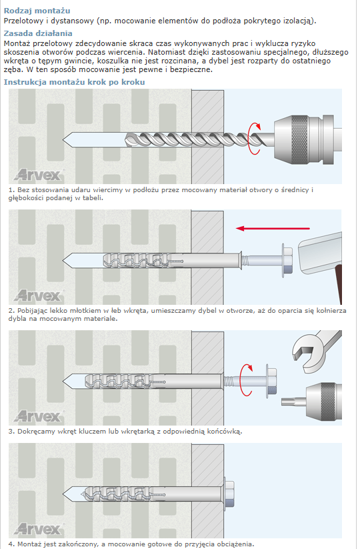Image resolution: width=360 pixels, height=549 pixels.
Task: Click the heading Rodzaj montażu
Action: point(37,11)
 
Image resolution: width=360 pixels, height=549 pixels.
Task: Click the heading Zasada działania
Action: point(38,33)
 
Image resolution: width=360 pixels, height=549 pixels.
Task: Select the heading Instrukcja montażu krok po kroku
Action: point(74,82)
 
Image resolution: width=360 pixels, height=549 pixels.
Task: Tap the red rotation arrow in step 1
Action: point(255,139)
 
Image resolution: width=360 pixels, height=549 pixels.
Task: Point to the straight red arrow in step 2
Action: point(273,229)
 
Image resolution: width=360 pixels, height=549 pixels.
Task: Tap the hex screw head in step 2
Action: point(287,261)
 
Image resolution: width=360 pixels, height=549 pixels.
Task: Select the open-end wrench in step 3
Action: point(315,350)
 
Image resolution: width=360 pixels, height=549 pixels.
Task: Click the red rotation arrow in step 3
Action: point(247,380)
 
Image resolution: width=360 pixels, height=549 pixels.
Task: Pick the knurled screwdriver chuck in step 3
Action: point(323,401)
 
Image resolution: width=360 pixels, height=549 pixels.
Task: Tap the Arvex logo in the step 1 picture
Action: point(39,174)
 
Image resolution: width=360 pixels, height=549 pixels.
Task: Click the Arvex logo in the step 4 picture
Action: point(39,529)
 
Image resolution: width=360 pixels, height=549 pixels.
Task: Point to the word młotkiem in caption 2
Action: point(86,311)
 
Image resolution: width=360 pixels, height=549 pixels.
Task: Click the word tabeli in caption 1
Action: point(93,198)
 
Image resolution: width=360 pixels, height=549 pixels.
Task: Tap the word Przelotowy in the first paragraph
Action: point(24,21)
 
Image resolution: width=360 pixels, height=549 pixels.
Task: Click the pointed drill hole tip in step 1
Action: point(64,139)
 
